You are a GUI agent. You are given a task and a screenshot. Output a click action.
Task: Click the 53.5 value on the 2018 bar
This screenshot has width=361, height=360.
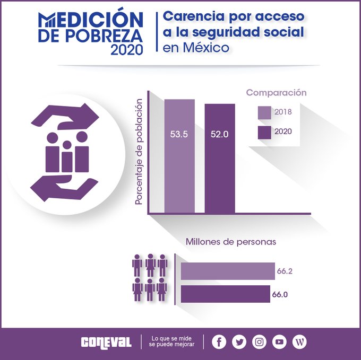click(x=179, y=135)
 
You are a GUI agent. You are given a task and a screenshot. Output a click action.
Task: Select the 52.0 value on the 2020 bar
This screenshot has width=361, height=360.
click(x=219, y=135)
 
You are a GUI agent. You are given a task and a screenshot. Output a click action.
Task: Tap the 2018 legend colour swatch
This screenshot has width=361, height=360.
click(x=264, y=112)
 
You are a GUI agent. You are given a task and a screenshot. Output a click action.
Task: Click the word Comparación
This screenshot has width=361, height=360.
click(x=276, y=92)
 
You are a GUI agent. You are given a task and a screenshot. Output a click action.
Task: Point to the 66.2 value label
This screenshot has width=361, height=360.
click(x=285, y=271)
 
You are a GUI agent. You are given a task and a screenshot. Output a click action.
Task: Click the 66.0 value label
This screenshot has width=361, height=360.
click(x=282, y=294)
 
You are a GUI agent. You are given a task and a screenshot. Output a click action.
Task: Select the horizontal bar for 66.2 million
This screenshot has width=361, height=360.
click(x=228, y=271)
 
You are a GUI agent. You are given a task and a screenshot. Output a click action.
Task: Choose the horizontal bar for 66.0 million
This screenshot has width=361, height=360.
click(x=226, y=294)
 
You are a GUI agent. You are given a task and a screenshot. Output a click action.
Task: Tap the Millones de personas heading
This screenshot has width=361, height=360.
click(x=231, y=242)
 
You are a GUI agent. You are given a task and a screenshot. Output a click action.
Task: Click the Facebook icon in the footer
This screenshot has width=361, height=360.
click(x=219, y=341)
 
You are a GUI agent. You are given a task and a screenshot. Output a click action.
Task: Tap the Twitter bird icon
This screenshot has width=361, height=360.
click(x=239, y=341)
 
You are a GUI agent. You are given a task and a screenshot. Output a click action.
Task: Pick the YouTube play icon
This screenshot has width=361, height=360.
click(x=279, y=341)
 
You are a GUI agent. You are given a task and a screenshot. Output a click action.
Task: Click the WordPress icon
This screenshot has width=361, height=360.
click(x=299, y=341)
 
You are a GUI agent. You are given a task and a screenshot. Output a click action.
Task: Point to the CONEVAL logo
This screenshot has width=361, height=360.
click(x=106, y=342)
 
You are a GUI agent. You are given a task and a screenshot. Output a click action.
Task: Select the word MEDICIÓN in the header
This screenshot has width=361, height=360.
click(x=91, y=19)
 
